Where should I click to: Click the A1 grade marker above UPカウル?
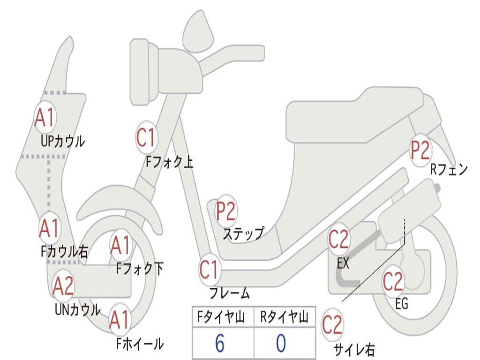pos(45,118)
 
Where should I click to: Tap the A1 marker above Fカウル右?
pos(49,228)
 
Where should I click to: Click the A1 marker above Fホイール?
pos(120,321)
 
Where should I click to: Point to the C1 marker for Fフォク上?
pos(146,137)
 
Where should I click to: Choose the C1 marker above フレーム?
pos(209,270)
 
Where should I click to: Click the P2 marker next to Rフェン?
pos(420,150)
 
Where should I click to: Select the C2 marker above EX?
pos(338,240)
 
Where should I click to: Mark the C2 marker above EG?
pos(393,281)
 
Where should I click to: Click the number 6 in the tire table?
pos(219,344)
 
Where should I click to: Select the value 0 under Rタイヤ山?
pos(281,344)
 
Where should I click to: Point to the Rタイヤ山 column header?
pos(284,318)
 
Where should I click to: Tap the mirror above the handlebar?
pos(198,32)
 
